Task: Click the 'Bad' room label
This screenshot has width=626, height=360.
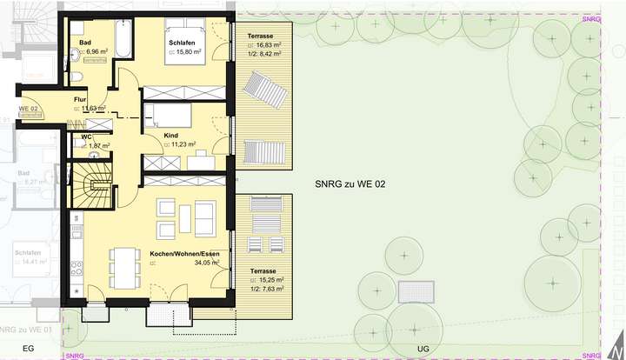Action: (85, 42)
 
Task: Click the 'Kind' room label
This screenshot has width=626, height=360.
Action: (171, 136)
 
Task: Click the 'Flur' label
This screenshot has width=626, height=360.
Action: (80, 100)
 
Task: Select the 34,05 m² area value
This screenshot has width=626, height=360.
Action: (206, 262)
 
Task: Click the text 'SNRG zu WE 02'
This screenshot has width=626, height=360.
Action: (350, 183)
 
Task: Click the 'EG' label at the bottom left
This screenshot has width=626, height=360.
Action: (27, 347)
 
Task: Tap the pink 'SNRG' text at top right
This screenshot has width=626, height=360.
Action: (591, 17)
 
